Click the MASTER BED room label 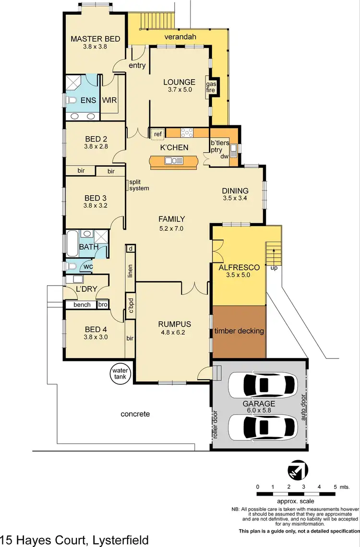tap(95, 39)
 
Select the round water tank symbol tap(118, 373)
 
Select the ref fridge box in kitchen tap(158, 134)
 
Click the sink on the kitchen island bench tap(171, 161)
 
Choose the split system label tap(139, 185)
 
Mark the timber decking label tap(239, 331)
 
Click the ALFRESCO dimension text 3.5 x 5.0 tap(239, 275)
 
